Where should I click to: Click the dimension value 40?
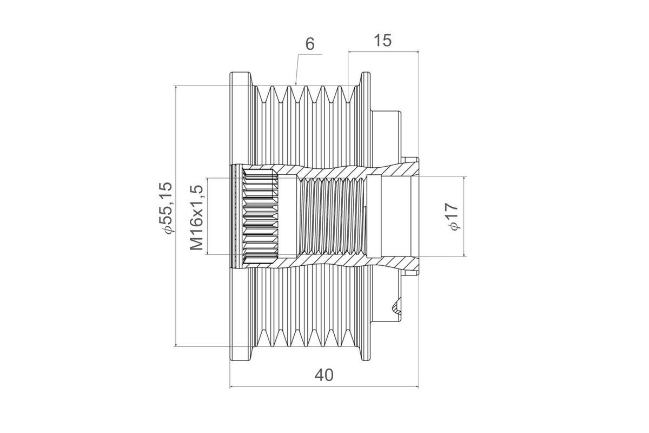[x=324, y=375]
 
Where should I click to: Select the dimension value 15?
[x=383, y=41]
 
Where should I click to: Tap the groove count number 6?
[x=310, y=44]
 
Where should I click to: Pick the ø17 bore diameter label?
[x=452, y=216]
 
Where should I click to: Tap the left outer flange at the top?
[x=241, y=78]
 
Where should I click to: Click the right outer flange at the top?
[x=366, y=78]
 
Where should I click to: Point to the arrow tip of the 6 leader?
[x=296, y=84]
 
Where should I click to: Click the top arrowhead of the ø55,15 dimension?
[x=176, y=87]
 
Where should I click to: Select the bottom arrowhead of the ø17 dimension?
[x=464, y=256]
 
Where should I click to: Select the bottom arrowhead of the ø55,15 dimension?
[x=176, y=346]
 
